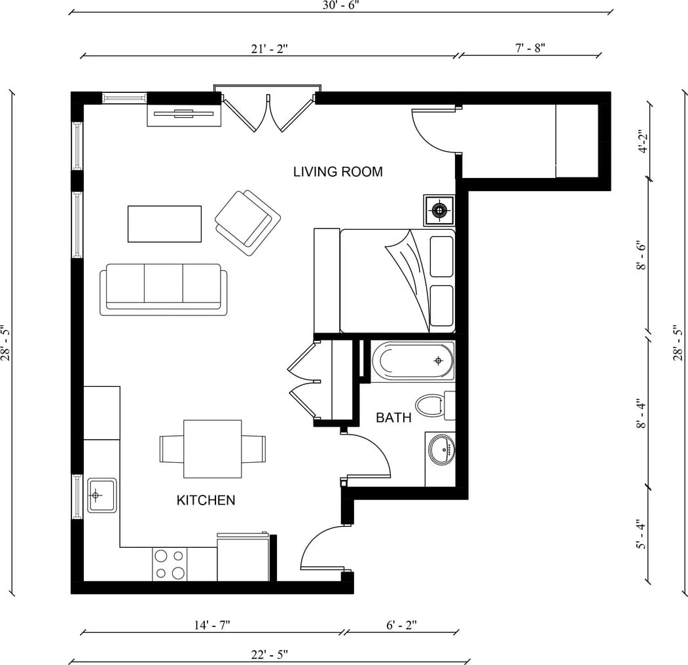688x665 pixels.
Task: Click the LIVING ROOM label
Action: pyautogui.click(x=338, y=171)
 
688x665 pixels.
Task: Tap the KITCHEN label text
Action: pyautogui.click(x=206, y=500)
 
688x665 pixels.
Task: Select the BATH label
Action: pyautogui.click(x=393, y=418)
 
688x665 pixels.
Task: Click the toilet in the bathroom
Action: pyautogui.click(x=435, y=406)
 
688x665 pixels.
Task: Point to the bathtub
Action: pyautogui.click(x=413, y=361)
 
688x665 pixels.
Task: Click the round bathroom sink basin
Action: pyautogui.click(x=442, y=449)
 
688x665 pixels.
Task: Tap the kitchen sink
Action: pyautogui.click(x=102, y=495)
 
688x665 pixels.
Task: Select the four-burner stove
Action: pyautogui.click(x=170, y=564)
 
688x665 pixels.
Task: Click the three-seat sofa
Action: pyautogui.click(x=164, y=289)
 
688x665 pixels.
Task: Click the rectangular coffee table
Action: pyautogui.click(x=164, y=224)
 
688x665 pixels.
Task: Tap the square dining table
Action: pyautogui.click(x=212, y=449)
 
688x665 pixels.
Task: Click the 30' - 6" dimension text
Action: pyautogui.click(x=341, y=5)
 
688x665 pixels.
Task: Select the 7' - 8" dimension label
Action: pyautogui.click(x=530, y=47)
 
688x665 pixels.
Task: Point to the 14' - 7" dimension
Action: pyautogui.click(x=212, y=624)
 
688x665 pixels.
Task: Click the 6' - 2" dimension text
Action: pyautogui.click(x=401, y=624)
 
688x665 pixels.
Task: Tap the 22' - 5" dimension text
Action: pyautogui.click(x=270, y=655)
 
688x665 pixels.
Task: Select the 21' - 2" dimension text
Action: pyautogui.click(x=270, y=48)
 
